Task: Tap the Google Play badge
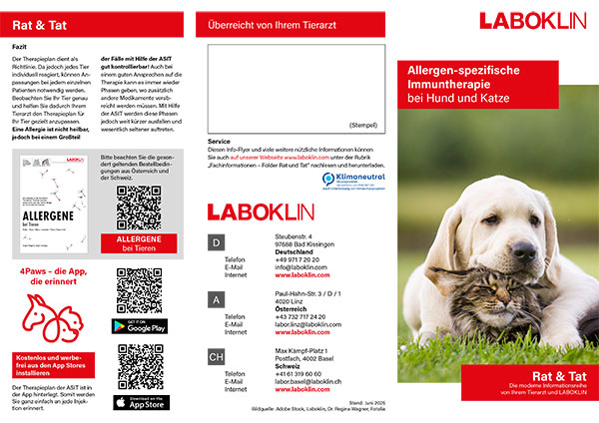pos(140,325)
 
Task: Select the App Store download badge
pos(140,402)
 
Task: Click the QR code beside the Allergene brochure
pos(139,208)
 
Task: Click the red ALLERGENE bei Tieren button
pos(139,244)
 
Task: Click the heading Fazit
pos(21,46)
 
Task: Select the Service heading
pos(220,142)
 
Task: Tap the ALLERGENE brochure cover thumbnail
pos(53,211)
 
